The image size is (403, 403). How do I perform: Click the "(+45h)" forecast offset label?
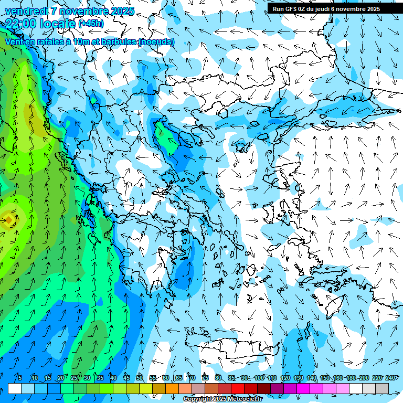click(91, 23)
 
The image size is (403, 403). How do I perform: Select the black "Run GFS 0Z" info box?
click(330, 8)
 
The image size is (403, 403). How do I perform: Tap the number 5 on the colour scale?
click(19, 378)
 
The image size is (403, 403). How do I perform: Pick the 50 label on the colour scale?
click(140, 378)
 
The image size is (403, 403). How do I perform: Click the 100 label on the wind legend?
click(259, 378)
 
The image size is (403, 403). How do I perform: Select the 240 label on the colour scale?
click(390, 378)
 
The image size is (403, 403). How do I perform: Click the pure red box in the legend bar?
click(238, 388)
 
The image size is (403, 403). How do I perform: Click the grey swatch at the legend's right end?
click(382, 388)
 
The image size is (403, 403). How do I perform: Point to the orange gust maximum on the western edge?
click(8, 219)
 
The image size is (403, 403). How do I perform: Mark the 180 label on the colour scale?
click(351, 378)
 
